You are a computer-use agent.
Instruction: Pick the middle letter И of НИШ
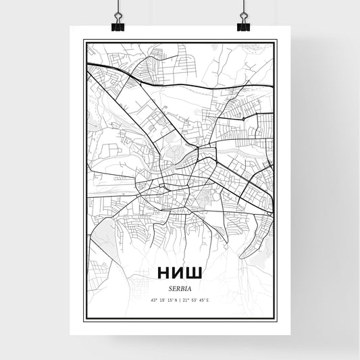point(179,272)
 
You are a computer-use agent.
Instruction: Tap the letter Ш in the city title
point(196,272)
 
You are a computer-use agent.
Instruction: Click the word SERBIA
point(180,286)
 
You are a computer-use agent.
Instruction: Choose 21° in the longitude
point(188,300)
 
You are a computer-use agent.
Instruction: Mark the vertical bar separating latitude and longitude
point(180,300)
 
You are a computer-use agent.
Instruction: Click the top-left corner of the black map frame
point(84,41)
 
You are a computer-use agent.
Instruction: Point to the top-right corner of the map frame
point(277,41)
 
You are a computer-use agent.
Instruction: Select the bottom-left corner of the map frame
point(84,320)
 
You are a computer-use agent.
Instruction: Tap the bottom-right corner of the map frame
point(277,320)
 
